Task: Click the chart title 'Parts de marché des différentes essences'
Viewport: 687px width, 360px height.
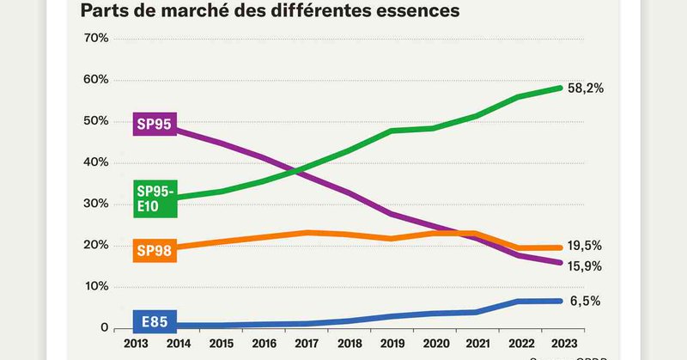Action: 270,11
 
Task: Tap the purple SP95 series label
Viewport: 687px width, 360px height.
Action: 155,125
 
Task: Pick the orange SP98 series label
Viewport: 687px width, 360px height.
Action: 155,252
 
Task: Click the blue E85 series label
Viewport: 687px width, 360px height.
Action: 155,323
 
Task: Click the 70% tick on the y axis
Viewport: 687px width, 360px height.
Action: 95,39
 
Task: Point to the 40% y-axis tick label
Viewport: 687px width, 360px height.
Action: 95,162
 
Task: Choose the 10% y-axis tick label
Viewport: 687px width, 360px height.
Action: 95,286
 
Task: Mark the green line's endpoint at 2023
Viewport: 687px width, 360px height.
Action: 559,88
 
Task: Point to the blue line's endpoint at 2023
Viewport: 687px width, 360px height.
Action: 559,301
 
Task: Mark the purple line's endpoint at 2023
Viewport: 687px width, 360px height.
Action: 559,263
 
